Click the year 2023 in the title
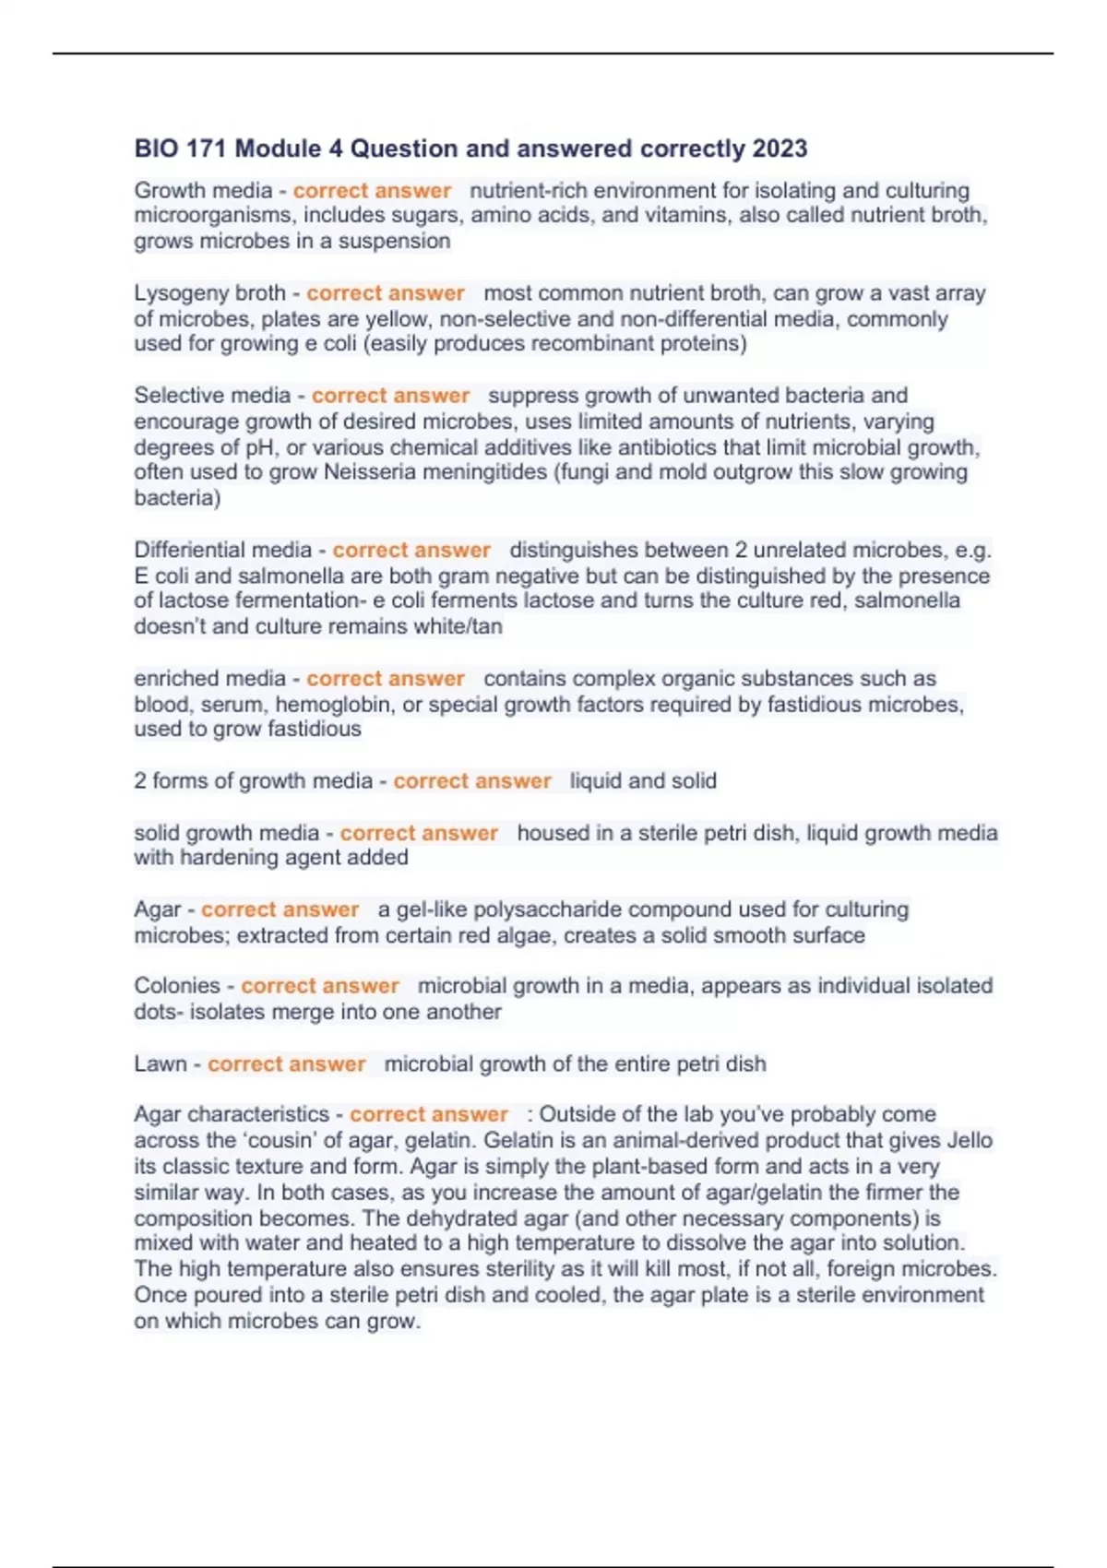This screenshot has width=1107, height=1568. coord(780,148)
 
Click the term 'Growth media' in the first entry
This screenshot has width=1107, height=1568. coord(203,191)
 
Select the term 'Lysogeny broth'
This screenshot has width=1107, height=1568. coord(209,293)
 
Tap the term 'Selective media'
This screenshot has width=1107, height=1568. coord(212,396)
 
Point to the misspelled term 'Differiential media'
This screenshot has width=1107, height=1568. coord(222,551)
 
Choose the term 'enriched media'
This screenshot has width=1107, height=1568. coord(209,679)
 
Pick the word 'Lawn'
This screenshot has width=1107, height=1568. coord(160,1064)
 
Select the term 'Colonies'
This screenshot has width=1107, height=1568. coord(177,986)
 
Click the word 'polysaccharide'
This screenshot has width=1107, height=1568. coord(526,909)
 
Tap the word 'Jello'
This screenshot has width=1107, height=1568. coord(970,1140)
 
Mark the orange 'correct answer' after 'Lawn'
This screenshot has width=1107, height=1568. coord(286,1064)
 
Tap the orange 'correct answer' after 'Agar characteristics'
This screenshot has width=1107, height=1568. coord(428,1114)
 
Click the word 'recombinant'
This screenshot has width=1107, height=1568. coord(587,344)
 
